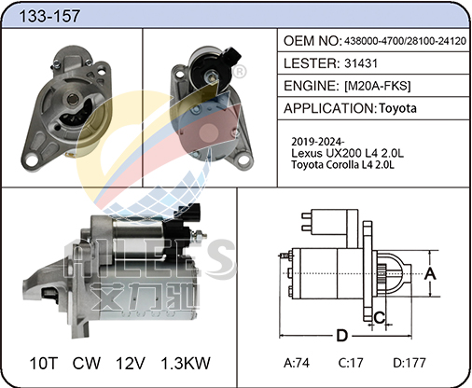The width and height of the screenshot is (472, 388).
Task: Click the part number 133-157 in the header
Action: point(49,16)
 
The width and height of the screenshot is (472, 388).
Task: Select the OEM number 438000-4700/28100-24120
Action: point(405,41)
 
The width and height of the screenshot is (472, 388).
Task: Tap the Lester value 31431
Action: point(361,63)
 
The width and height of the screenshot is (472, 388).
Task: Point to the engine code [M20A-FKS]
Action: point(378,86)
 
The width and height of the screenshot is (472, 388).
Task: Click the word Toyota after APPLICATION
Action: point(397,108)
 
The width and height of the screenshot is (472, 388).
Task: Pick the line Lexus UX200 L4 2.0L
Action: point(347,153)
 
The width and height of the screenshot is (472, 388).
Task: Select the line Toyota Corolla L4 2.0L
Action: point(342,164)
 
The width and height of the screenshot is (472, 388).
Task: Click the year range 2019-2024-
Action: point(317,142)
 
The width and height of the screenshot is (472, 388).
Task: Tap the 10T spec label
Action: point(44,363)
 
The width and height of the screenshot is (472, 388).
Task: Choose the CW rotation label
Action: point(87,363)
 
